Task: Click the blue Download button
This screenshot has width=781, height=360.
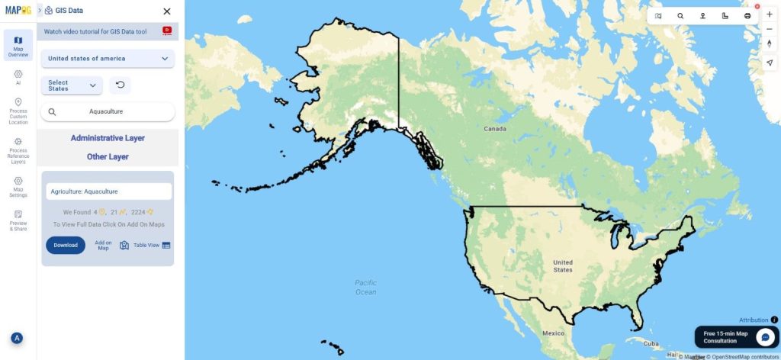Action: (66, 245)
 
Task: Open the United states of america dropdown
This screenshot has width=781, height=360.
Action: (108, 58)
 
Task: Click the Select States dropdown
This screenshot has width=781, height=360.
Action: (72, 85)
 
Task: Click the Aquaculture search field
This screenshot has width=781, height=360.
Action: (108, 111)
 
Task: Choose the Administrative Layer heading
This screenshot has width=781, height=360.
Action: (108, 138)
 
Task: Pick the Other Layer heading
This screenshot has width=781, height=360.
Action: (108, 156)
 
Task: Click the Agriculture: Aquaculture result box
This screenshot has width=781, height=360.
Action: (108, 191)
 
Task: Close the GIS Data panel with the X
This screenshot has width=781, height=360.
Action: (167, 11)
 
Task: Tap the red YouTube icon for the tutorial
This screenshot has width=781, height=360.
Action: (167, 31)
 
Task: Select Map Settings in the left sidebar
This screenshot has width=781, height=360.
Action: (18, 185)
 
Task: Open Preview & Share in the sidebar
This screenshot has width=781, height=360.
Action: (18, 220)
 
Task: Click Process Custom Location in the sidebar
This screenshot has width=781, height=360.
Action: (18, 111)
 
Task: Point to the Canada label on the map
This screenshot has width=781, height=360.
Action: (496, 129)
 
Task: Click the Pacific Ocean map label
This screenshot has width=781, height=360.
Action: (366, 287)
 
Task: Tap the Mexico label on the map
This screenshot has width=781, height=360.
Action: (553, 334)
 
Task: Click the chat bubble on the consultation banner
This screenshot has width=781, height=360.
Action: (765, 336)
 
